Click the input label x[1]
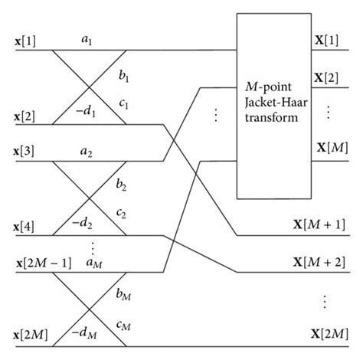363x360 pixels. click(19, 38)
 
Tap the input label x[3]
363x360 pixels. click(19, 151)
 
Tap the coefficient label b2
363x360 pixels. click(120, 187)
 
